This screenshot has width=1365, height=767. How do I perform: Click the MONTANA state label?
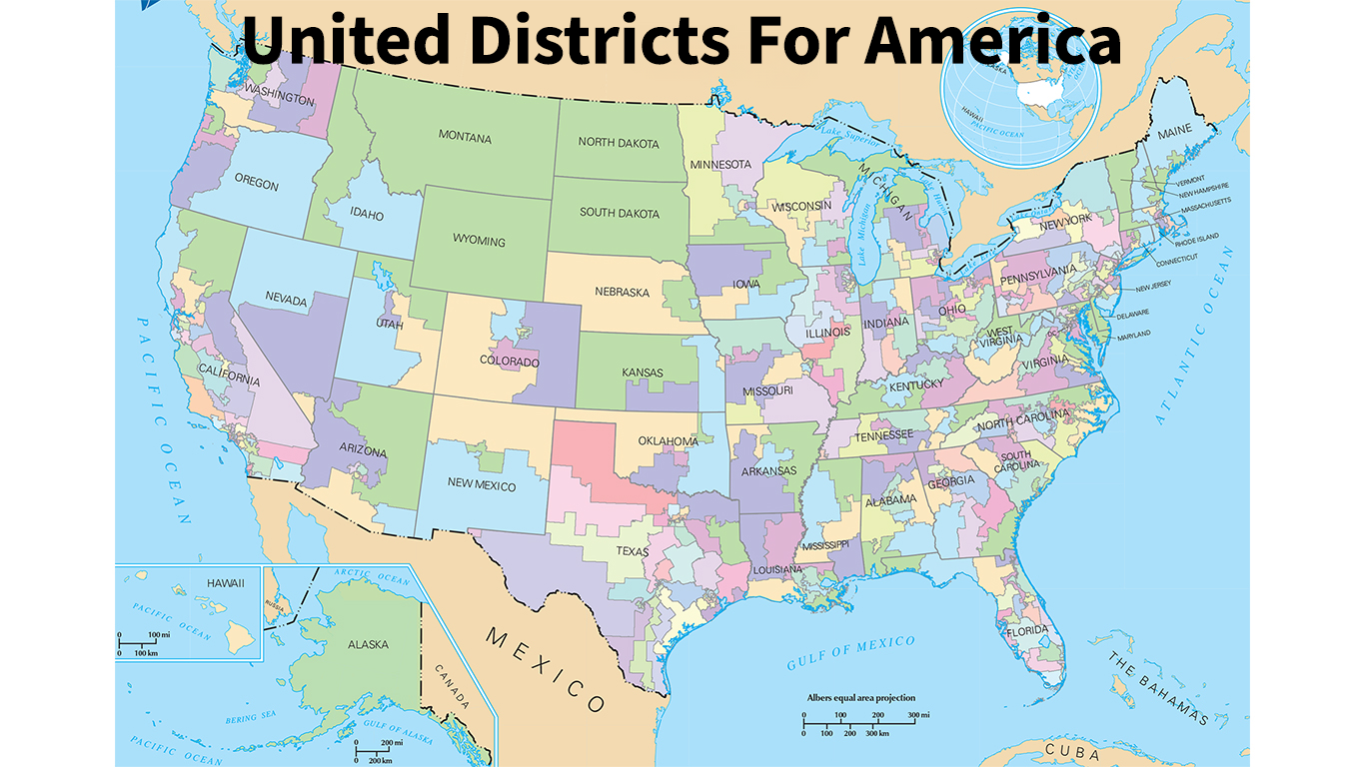(465, 137)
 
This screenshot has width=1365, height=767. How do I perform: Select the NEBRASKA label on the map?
(622, 293)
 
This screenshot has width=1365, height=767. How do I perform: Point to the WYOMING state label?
(479, 242)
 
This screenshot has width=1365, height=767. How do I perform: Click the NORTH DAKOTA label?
(619, 143)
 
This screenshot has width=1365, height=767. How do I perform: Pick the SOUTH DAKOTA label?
(620, 214)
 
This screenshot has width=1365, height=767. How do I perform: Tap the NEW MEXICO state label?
(481, 485)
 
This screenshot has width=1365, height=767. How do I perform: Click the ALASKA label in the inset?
(368, 644)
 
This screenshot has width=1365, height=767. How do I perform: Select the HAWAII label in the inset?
(225, 582)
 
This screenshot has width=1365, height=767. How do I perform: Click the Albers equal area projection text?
(860, 698)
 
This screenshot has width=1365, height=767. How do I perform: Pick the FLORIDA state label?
(1027, 631)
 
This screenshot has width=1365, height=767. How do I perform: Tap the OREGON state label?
(257, 185)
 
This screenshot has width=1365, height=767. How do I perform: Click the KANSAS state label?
(643, 373)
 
